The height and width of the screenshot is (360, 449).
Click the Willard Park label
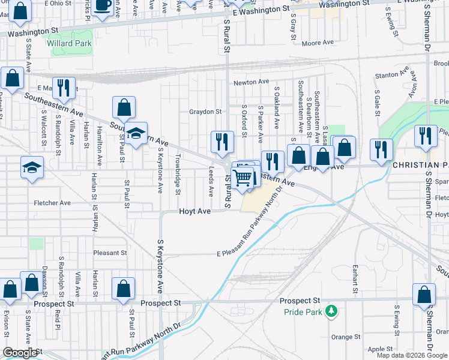tap(69, 43)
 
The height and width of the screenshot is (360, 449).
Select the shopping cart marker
tap(243, 178)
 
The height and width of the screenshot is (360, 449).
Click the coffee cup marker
tap(102, 6)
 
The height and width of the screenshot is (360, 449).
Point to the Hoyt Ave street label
tap(195, 212)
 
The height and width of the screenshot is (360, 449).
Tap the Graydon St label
tap(205, 112)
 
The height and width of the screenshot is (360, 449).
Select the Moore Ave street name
tap(318, 43)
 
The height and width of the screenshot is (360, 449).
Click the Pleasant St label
tap(110, 253)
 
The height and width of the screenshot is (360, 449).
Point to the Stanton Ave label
tap(387, 75)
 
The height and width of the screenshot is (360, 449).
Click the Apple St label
tap(380, 349)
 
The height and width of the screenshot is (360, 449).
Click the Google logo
tap(20, 353)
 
